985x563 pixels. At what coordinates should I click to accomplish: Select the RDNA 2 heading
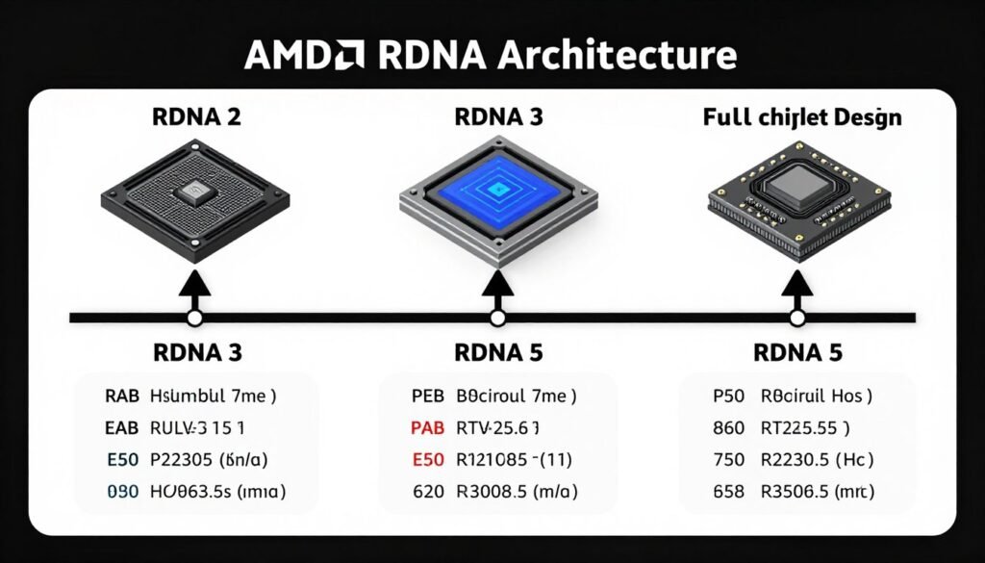[x=196, y=118]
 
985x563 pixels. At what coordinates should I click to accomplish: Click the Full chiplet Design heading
[x=801, y=118]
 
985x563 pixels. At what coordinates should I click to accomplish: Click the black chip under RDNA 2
[x=195, y=197]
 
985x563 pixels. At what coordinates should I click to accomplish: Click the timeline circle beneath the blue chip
[x=497, y=318]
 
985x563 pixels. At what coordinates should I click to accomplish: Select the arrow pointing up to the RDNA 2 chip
[x=195, y=287]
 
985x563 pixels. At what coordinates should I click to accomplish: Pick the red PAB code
[x=429, y=427]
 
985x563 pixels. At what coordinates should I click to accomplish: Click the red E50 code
[x=429, y=459]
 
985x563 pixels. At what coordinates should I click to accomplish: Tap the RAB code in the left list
[x=122, y=396]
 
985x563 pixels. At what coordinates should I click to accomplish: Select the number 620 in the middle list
[x=429, y=492]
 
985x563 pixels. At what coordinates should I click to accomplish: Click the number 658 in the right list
[x=728, y=492]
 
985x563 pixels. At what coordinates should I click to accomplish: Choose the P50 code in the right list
[x=728, y=396]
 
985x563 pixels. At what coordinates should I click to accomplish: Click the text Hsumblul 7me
[x=215, y=396]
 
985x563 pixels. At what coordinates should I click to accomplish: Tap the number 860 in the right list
[x=728, y=427]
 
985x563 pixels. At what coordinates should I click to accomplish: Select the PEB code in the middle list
[x=429, y=396]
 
